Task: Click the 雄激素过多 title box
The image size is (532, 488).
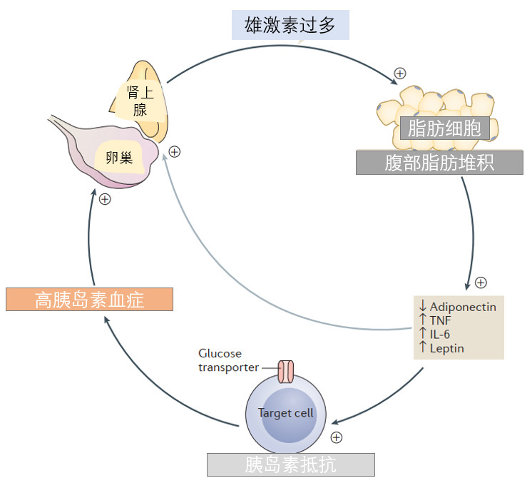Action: click(x=290, y=25)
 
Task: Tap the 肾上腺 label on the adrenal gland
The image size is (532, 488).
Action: click(x=140, y=101)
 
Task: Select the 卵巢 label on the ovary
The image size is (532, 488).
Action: click(x=119, y=158)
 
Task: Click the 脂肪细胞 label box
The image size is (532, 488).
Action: click(x=444, y=128)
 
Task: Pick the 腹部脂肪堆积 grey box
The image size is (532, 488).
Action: click(x=439, y=163)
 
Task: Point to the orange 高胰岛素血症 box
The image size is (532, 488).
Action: click(x=90, y=300)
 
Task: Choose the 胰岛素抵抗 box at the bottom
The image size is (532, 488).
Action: click(x=291, y=464)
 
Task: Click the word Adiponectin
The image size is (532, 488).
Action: click(x=463, y=307)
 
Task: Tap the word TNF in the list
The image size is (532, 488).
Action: click(x=441, y=320)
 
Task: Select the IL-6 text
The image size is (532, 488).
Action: click(x=440, y=335)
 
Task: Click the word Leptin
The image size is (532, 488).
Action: click(x=446, y=348)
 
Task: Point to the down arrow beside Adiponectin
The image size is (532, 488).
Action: click(x=422, y=305)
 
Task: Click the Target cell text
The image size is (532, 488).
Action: click(x=285, y=413)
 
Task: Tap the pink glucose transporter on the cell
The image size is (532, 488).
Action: click(x=286, y=372)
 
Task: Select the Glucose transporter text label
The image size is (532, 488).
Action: click(x=228, y=360)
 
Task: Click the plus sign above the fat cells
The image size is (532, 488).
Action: click(x=400, y=73)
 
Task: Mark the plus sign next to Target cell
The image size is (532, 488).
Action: click(x=336, y=437)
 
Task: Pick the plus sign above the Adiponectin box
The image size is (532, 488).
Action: click(x=481, y=283)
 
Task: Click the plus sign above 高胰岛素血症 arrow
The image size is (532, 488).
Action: click(x=105, y=199)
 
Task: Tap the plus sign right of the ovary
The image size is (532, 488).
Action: click(x=175, y=152)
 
